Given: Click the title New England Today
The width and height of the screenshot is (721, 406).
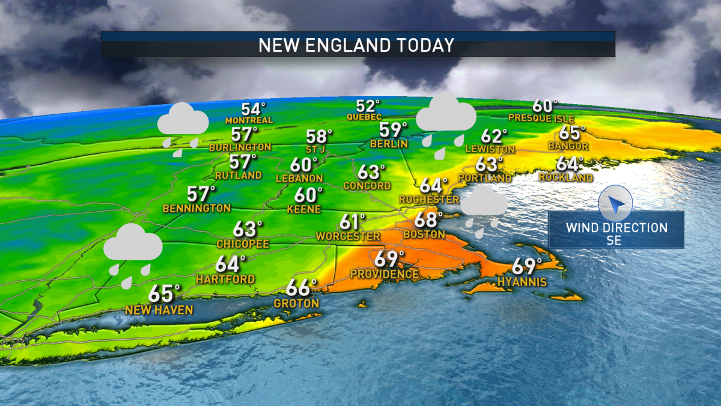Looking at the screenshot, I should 356,46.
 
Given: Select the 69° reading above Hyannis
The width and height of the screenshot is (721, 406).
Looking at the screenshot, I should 527,265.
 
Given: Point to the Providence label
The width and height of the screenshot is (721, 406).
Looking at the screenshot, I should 385,274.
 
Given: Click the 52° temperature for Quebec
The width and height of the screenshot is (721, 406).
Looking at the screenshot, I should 368,106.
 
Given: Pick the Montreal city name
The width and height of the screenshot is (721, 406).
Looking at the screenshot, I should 249,120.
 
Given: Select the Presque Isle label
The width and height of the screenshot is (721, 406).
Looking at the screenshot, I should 541,118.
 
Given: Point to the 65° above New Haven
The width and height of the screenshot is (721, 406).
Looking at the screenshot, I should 165,294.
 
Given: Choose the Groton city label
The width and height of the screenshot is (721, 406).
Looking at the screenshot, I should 296,304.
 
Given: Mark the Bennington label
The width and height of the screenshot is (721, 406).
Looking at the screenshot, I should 196,208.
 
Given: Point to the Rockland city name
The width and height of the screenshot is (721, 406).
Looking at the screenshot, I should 565,177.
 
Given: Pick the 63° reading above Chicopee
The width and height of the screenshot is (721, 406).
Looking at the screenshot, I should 248,229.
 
